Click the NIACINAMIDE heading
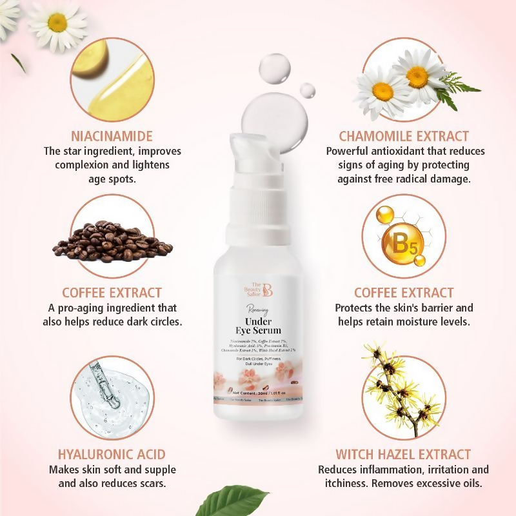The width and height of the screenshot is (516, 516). coord(112,136)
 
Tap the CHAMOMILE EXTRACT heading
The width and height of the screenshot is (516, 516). coord(404,136)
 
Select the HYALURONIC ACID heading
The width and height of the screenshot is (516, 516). coord(112,454)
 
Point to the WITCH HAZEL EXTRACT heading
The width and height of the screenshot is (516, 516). coord(403,454)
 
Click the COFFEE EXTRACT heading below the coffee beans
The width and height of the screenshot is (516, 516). coord(112,292)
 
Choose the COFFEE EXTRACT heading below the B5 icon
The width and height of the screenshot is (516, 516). coord(404,292)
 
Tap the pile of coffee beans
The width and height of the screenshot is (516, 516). coord(112,242)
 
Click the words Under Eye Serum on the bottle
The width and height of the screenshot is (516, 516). coord(258,326)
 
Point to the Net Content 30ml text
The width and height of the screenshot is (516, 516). coord(258,391)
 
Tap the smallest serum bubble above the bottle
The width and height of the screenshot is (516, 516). coord(308,90)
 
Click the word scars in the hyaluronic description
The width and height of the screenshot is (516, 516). coord(150,483)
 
